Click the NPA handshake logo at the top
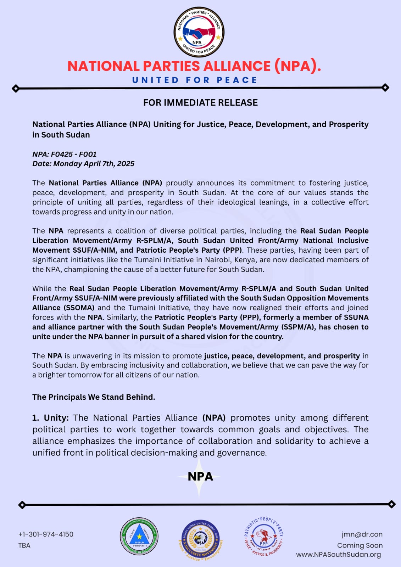pos(199,33)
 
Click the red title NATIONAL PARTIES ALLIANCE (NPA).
pos(194,66)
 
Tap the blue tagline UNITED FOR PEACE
pos(194,80)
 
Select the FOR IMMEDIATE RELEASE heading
pos(200,103)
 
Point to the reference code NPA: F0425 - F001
pos(65,154)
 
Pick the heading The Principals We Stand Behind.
pos(94,397)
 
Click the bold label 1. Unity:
pos(51,418)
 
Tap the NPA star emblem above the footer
pos(200,477)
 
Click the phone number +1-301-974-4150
pos(46,534)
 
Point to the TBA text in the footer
pos(24,545)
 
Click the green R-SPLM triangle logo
pos(139,536)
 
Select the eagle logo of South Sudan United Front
pos(200,539)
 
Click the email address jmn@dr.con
pos(362,534)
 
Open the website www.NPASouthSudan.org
pos(338,555)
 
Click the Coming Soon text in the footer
pos(360,545)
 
